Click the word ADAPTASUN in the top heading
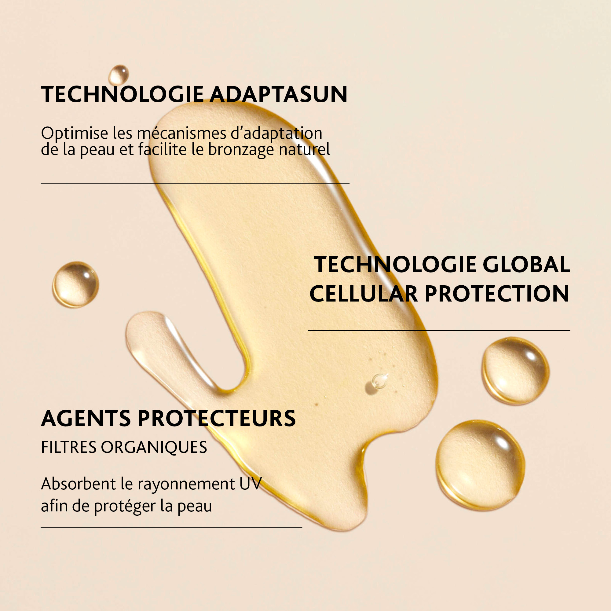click(278, 94)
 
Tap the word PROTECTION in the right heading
click(497, 294)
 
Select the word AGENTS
click(86, 419)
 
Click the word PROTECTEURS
click(217, 419)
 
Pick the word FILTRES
click(69, 448)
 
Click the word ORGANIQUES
click(154, 448)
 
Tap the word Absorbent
click(79, 484)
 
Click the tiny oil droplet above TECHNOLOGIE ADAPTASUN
click(119, 75)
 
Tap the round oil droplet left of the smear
click(75, 285)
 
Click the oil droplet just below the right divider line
click(515, 371)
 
